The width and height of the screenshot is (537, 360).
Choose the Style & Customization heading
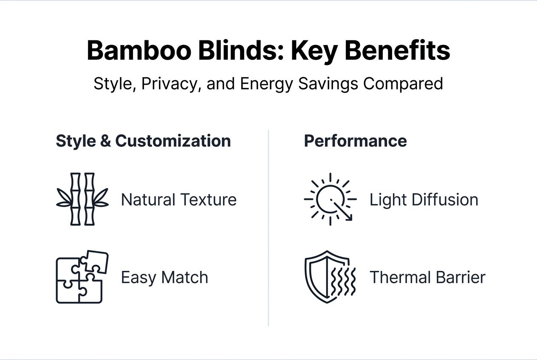tap(143, 141)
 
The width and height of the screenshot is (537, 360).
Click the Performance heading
tap(355, 141)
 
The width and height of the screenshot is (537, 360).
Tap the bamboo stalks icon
tap(82, 199)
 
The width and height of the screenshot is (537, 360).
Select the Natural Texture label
tap(178, 200)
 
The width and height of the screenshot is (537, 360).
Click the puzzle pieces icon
tap(82, 277)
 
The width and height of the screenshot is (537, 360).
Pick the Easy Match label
tap(164, 278)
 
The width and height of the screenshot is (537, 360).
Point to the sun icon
tap(330, 199)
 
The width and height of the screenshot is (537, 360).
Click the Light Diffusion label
tap(424, 200)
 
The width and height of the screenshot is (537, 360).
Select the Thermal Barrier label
tap(427, 278)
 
